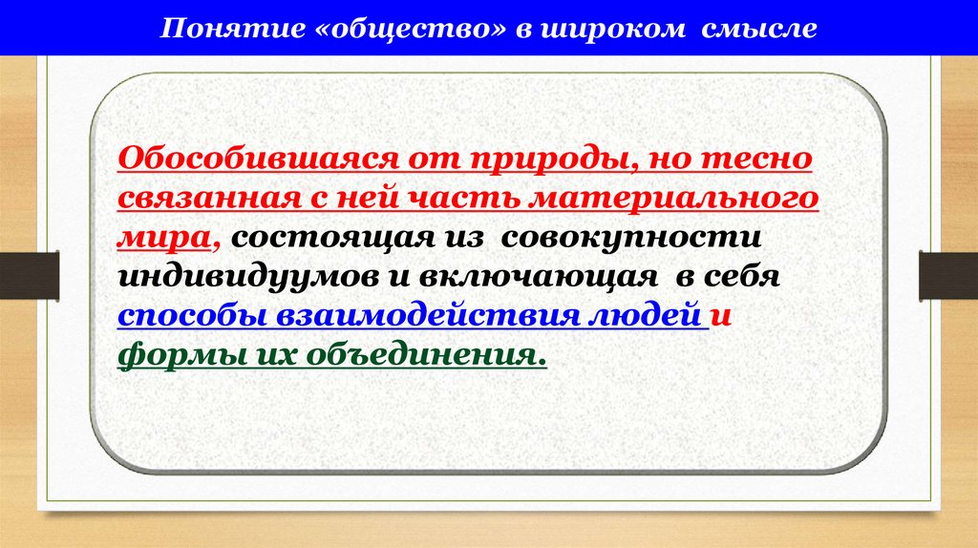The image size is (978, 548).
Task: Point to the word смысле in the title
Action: [760, 29]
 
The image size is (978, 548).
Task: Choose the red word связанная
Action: [196, 199]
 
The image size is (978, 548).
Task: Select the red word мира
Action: [166, 238]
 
